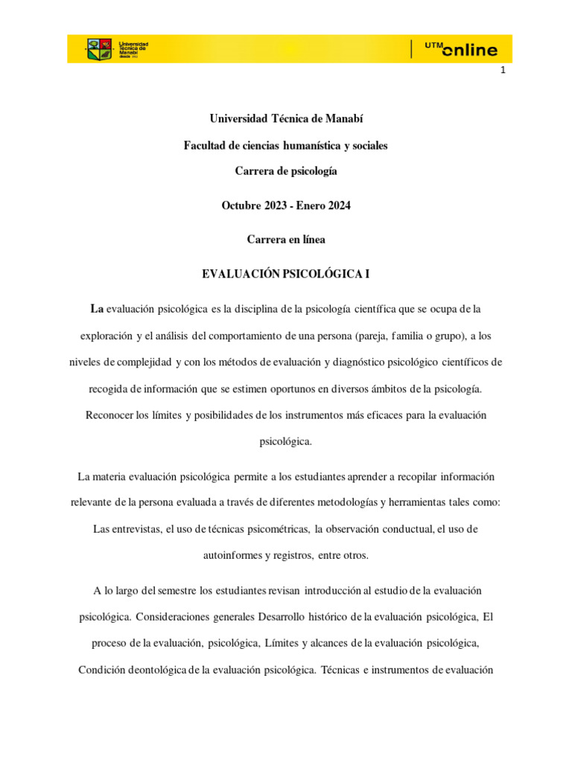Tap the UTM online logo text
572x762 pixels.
tap(462, 49)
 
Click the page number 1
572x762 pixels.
tap(503, 71)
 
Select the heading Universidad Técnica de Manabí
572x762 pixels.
tap(286, 119)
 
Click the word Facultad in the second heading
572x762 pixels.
tap(205, 145)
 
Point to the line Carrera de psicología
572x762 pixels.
tap(286, 171)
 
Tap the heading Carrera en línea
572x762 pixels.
tap(286, 240)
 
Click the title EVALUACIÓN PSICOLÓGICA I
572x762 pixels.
tap(286, 275)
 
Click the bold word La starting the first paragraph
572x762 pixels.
tap(97, 308)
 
